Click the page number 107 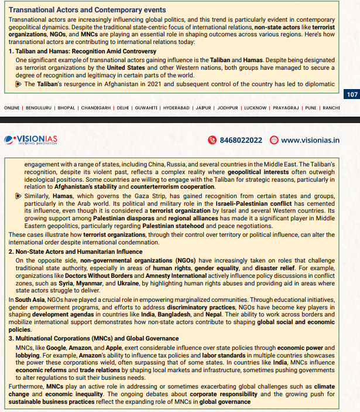(x=352, y=94)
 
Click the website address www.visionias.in (x=310, y=139)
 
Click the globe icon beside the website (x=274, y=139)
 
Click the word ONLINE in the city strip (x=12, y=108)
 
